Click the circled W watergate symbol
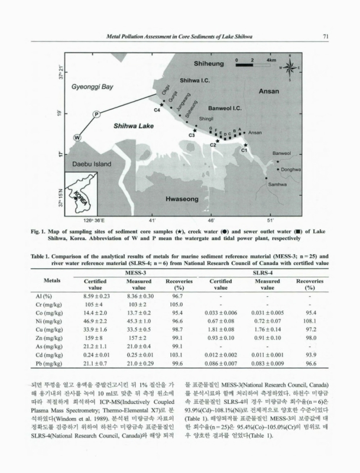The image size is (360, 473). point(77,137)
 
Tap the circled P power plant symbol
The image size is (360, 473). point(96,113)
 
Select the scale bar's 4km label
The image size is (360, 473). point(272,60)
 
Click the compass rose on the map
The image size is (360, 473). point(290,67)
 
